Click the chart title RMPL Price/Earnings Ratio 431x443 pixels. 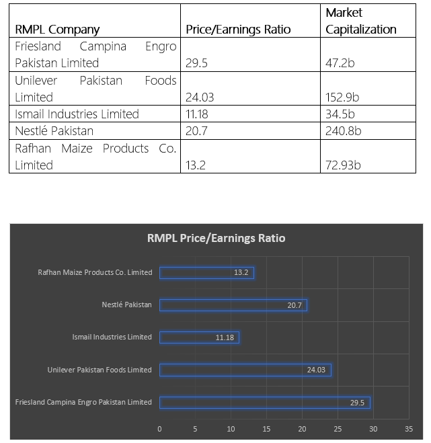pyautogui.click(x=217, y=238)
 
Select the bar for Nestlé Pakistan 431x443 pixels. pyautogui.click(x=233, y=305)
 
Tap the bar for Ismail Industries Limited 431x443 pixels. pyautogui.click(x=199, y=337)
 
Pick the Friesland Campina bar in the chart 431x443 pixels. pyautogui.click(x=265, y=402)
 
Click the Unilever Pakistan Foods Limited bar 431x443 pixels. pyautogui.click(x=245, y=370)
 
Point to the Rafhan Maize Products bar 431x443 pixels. pyautogui.click(x=206, y=273)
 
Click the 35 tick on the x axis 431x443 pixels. pyautogui.click(x=409, y=429)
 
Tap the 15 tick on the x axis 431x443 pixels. pyautogui.click(x=266, y=429)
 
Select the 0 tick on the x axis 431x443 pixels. pyautogui.click(x=159, y=429)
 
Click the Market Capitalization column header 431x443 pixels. pyautogui.click(x=361, y=21)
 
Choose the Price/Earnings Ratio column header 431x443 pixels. pyautogui.click(x=238, y=30)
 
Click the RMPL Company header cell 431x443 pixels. pyautogui.click(x=57, y=30)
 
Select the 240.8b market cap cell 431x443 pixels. pyautogui.click(x=343, y=131)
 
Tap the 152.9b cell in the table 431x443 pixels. pyautogui.click(x=342, y=97)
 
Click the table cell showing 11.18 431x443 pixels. pyautogui.click(x=197, y=114)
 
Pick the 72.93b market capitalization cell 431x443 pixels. pyautogui.click(x=343, y=165)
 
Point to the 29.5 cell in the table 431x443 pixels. pyautogui.click(x=196, y=63)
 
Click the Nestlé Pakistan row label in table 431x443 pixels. pyautogui.click(x=54, y=131)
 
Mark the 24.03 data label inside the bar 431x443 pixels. pyautogui.click(x=316, y=370)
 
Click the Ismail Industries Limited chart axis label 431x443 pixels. pyautogui.click(x=112, y=337)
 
